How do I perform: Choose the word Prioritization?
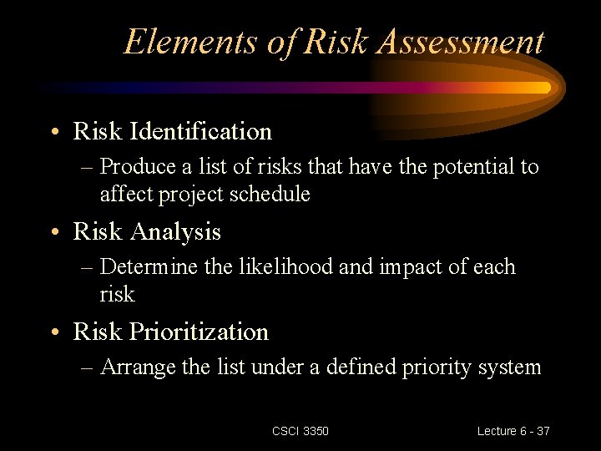(199, 332)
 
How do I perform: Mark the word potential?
(474, 167)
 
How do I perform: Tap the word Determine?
(149, 267)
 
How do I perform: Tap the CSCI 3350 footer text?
(300, 431)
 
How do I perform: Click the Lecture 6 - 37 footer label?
(513, 431)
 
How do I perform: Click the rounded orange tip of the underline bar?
(544, 87)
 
